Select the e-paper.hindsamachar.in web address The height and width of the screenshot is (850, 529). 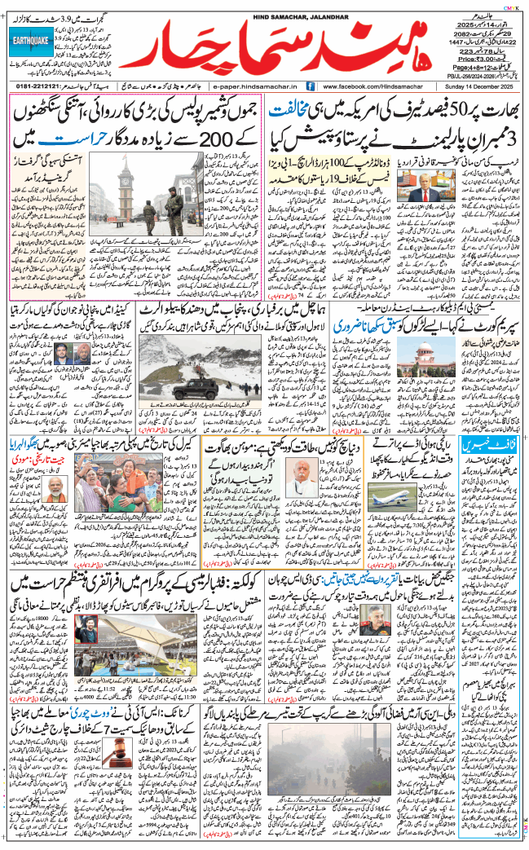256,85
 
